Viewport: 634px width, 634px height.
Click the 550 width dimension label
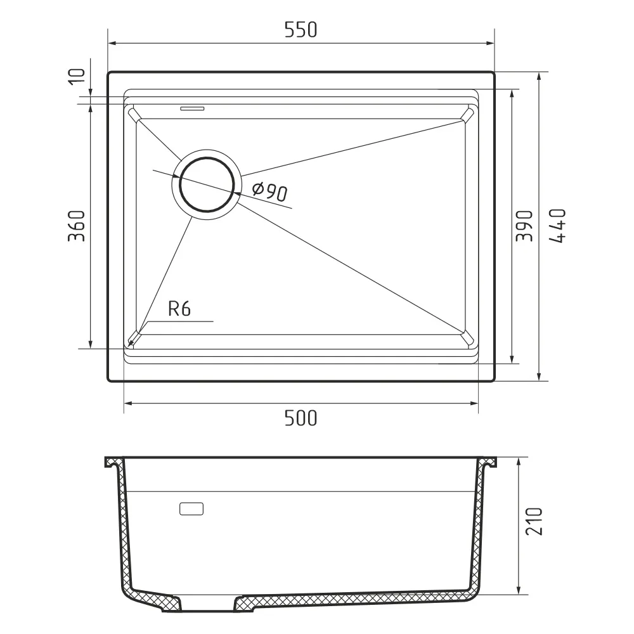click(x=301, y=30)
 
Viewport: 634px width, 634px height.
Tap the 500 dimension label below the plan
click(x=301, y=418)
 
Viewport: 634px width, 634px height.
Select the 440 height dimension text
click(x=557, y=226)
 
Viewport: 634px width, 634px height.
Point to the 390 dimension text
click(x=525, y=226)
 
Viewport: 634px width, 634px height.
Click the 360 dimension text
click(x=77, y=226)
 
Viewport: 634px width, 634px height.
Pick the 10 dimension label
click(x=77, y=77)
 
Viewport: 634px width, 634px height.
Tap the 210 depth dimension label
click(x=534, y=522)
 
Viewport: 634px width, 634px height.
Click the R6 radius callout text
click(x=179, y=309)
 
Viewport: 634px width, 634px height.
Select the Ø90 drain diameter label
click(x=269, y=192)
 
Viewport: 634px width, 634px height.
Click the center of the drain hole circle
click(x=207, y=184)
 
